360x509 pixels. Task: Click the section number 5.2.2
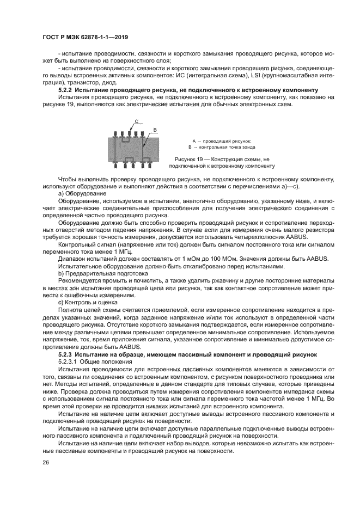pos(66,89)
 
